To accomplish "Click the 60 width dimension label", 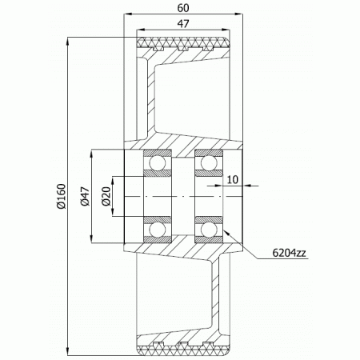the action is [183, 8].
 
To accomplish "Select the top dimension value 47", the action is [183, 24].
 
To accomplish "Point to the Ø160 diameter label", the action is [61, 196].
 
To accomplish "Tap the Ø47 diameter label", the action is [85, 196].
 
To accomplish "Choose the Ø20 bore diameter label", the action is [106, 196].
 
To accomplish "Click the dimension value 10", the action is [232, 180].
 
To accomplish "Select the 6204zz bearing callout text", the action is [289, 253].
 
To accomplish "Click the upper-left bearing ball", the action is [158, 162].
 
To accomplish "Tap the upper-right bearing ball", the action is [209, 162].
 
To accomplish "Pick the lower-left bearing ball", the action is [158, 230].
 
